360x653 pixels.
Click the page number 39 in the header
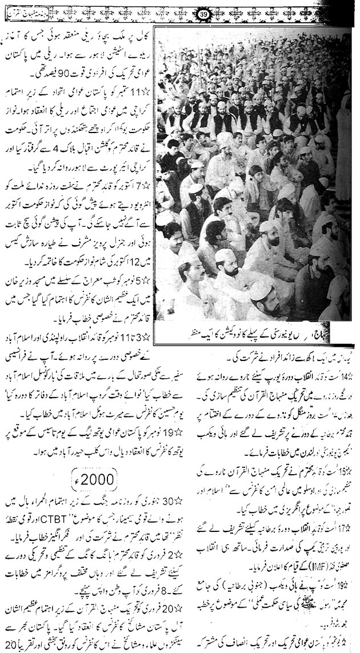click(x=187, y=14)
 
